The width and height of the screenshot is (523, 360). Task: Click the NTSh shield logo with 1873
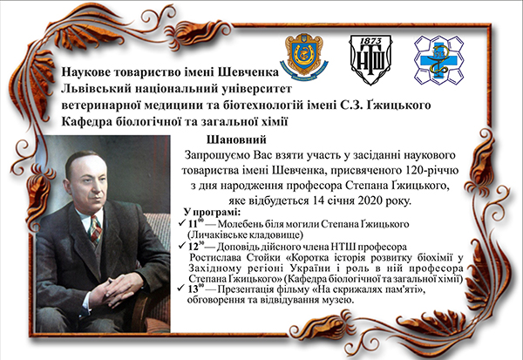pyautogui.click(x=370, y=59)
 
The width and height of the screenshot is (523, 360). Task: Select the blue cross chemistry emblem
pyautogui.click(x=439, y=60)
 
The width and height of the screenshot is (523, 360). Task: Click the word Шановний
pyautogui.click(x=236, y=139)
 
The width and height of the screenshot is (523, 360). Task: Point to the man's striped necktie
pyautogui.click(x=95, y=230)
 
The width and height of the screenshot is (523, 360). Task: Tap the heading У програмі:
pyautogui.click(x=212, y=212)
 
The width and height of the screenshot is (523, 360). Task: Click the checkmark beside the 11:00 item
pyautogui.click(x=182, y=222)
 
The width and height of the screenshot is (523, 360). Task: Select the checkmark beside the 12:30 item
pyautogui.click(x=182, y=246)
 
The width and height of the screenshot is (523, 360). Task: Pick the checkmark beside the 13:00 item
pyautogui.click(x=182, y=288)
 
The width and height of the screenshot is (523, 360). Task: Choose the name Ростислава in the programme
pyautogui.click(x=215, y=258)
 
